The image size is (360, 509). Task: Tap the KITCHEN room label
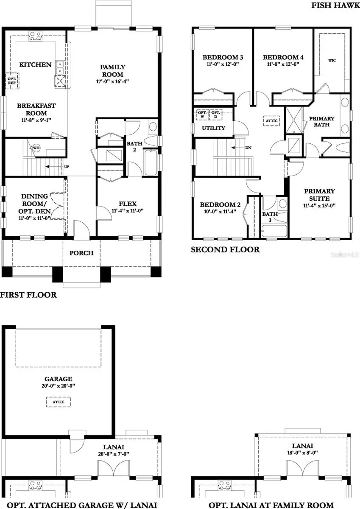pos(36,65)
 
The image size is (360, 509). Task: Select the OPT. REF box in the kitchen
pos(11,81)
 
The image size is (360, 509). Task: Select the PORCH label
pos(81,253)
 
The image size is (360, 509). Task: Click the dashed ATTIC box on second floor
pos(271,120)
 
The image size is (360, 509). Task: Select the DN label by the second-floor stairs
pos(248,148)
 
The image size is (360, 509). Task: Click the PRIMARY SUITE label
pos(319,195)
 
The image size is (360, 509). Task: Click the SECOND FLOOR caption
pos(225,249)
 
